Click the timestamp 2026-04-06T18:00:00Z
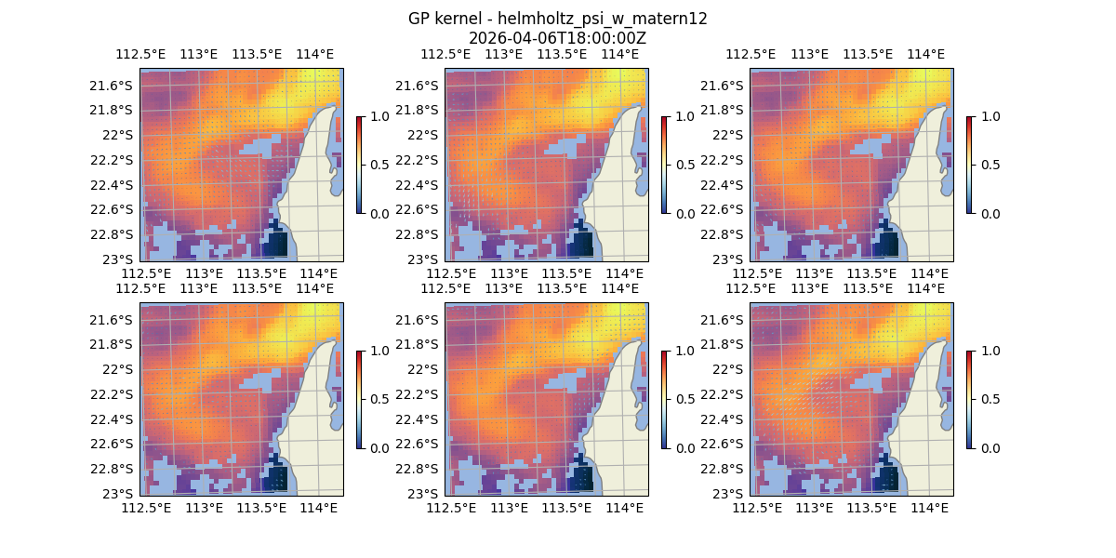point(557,38)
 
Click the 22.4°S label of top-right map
point(724,184)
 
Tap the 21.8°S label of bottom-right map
point(724,344)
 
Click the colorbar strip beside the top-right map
point(969,165)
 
